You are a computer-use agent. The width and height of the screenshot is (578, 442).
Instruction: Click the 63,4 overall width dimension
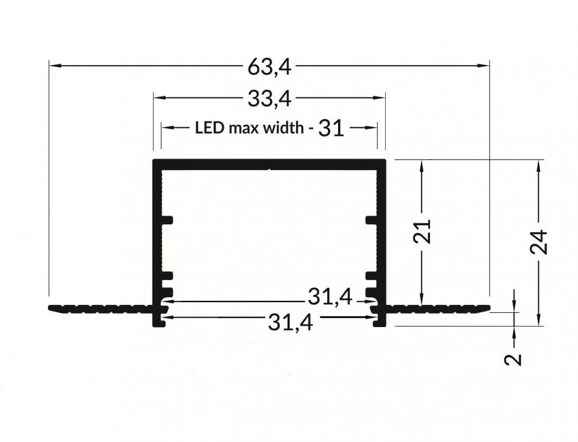tap(269, 67)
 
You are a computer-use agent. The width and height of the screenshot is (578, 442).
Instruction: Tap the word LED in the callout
tap(209, 129)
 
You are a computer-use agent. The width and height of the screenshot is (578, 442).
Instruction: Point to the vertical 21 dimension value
tap(423, 232)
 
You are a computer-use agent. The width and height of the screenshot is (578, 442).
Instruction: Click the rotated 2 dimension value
tap(514, 359)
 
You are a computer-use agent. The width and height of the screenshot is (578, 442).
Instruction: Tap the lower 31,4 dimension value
tap(290, 321)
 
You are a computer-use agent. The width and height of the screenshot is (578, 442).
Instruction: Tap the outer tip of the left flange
tap(51, 307)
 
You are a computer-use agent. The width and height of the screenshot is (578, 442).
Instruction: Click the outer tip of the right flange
tap(488, 307)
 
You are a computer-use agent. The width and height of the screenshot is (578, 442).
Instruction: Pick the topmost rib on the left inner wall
tap(167, 220)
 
